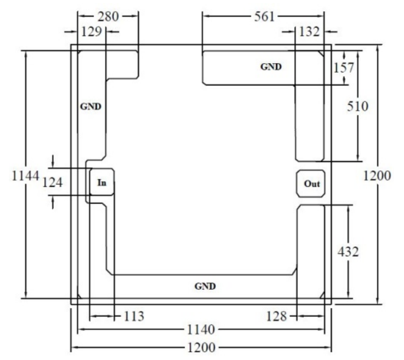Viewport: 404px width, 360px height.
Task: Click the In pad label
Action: (102, 183)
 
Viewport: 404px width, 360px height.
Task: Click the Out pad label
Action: (312, 184)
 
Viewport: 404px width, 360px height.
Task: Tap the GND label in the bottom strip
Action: (205, 286)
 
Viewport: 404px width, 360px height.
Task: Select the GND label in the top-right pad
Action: (271, 67)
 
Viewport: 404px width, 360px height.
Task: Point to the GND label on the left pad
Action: (91, 106)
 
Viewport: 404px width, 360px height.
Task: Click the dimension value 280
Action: (108, 16)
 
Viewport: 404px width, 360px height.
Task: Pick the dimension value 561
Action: (265, 16)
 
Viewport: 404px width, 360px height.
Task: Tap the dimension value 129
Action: (92, 32)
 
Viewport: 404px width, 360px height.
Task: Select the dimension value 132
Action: (309, 32)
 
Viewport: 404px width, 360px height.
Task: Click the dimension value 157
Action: (344, 68)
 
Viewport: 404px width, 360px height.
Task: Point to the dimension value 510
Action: (357, 106)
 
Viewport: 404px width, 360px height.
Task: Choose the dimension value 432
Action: (348, 252)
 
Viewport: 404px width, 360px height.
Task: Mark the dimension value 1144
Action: (25, 176)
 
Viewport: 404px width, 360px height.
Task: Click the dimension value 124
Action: (52, 183)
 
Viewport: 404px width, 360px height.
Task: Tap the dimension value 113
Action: (134, 316)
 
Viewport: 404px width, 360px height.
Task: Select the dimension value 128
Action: (277, 316)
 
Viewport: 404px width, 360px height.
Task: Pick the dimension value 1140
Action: (201, 330)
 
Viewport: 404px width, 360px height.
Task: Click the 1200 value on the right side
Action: (377, 176)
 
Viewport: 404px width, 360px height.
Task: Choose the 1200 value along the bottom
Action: (201, 348)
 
